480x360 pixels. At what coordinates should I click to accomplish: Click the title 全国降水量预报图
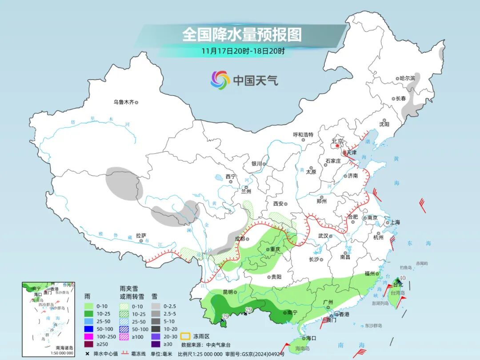[x=242, y=34]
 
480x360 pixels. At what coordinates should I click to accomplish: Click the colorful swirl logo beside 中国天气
[x=220, y=80]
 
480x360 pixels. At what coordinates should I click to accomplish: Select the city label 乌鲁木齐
[x=123, y=102]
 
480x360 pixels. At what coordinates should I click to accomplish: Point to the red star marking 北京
[x=338, y=145]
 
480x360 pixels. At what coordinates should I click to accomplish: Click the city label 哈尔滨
[x=407, y=78]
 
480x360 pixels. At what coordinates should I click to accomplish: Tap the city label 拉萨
[x=140, y=236]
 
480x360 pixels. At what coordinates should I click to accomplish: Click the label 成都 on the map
[x=239, y=239]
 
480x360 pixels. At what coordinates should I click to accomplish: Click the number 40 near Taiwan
[x=402, y=278]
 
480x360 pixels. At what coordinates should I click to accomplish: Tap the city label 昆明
[x=228, y=292]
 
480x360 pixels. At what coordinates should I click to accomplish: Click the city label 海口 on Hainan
[x=310, y=338]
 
